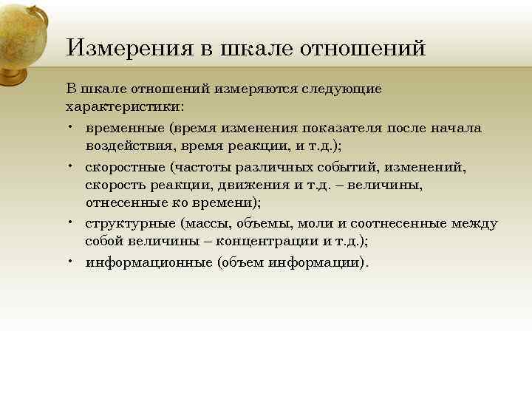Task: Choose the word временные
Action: [125, 128]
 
